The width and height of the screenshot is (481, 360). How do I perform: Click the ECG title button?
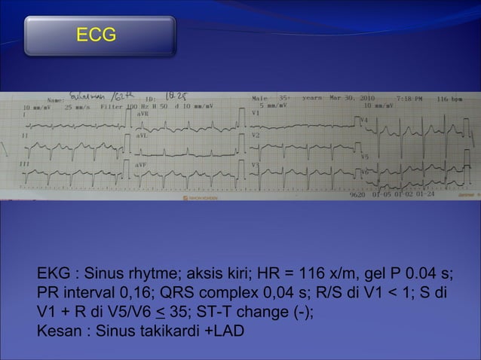100,35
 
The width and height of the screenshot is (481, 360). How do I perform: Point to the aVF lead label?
142,163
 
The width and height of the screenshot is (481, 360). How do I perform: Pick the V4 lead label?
365,120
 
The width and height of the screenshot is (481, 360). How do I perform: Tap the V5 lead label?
365,157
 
